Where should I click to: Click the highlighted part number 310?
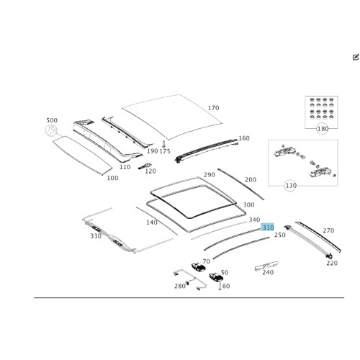click(x=268, y=228)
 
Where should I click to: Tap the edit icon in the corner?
click(x=356, y=57)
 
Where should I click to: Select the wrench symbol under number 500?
click(x=51, y=130)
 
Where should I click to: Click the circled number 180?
click(x=323, y=129)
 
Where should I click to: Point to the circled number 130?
click(x=291, y=186)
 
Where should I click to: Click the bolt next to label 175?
click(x=163, y=144)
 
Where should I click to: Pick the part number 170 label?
click(x=213, y=108)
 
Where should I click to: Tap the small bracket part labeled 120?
click(x=144, y=166)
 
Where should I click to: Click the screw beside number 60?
click(x=220, y=287)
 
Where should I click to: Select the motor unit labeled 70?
click(x=198, y=266)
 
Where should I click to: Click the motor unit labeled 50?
click(x=217, y=277)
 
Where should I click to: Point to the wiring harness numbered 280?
click(x=189, y=279)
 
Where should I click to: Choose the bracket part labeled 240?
click(x=266, y=266)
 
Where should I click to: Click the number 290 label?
click(x=209, y=175)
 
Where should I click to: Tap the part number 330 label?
click(x=96, y=236)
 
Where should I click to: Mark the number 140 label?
click(x=152, y=222)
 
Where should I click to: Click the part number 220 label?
click(x=332, y=264)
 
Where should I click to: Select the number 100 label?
click(x=112, y=178)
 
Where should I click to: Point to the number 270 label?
click(x=328, y=230)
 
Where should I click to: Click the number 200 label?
click(x=251, y=180)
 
